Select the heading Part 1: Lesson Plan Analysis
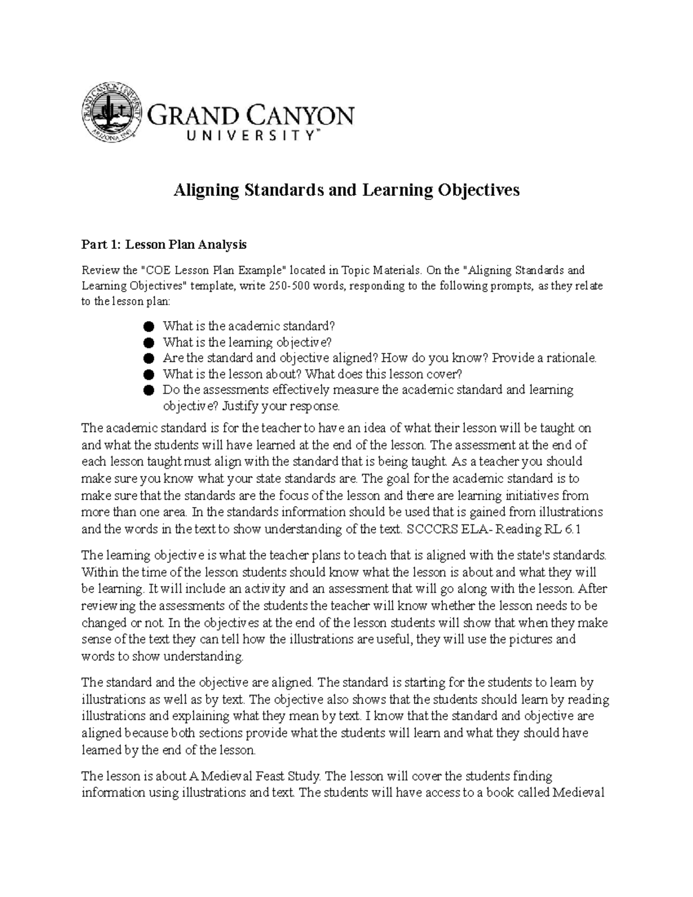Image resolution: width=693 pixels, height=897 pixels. point(164,245)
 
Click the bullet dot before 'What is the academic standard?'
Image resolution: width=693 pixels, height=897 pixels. point(150,326)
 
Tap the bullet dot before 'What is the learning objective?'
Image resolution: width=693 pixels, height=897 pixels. point(150,343)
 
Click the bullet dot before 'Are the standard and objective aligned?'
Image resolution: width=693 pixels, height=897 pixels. point(150,359)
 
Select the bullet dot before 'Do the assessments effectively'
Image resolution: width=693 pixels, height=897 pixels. point(150,390)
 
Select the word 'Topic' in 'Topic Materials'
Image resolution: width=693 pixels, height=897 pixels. point(341,270)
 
